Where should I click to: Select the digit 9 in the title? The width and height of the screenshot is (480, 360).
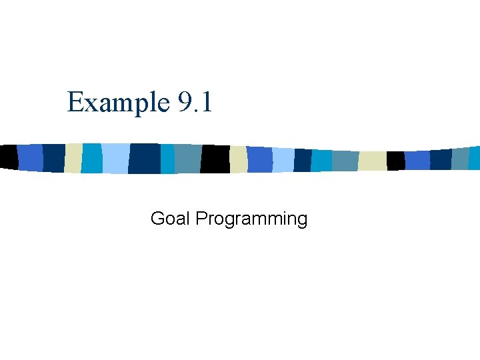coord(185,103)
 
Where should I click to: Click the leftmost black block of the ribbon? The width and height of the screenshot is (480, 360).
coord(8,156)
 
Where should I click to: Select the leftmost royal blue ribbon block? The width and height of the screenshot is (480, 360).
coord(30,157)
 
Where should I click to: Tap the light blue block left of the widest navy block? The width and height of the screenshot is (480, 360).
coord(115,159)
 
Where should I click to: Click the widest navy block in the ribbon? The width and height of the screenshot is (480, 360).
coord(144,159)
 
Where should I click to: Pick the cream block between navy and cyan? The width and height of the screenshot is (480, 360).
coord(73,158)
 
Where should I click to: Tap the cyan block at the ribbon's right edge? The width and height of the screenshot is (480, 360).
coord(474,158)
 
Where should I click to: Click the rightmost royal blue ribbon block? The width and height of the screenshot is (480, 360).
coord(417,160)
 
